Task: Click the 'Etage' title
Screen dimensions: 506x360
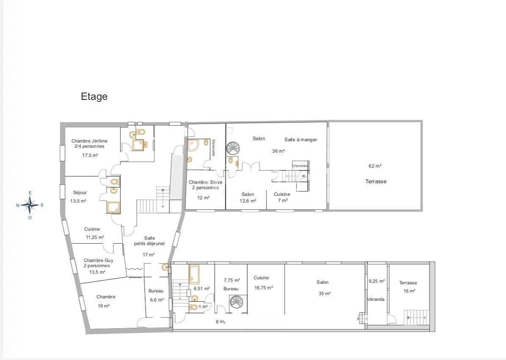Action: (x=94, y=96)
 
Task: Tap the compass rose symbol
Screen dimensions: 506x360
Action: (x=30, y=205)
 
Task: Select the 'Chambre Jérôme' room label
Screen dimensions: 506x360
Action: (x=89, y=141)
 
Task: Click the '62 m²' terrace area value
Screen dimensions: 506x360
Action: (x=375, y=166)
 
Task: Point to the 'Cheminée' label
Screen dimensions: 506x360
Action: (x=300, y=166)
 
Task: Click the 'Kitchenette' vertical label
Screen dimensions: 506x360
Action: (x=213, y=148)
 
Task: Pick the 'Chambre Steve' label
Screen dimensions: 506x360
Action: (x=205, y=182)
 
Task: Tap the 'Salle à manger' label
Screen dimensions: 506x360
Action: (x=301, y=140)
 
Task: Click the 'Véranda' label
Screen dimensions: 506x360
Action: (x=376, y=300)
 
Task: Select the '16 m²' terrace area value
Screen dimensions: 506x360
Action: (x=409, y=291)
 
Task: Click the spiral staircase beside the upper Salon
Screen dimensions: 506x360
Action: (x=233, y=148)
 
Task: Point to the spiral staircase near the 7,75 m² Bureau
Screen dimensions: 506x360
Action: (x=238, y=303)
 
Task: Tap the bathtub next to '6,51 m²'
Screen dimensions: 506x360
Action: (x=194, y=274)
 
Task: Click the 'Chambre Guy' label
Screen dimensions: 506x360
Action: (x=98, y=261)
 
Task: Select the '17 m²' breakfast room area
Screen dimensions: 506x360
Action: (x=149, y=255)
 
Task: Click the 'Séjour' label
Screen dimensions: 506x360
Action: (x=80, y=193)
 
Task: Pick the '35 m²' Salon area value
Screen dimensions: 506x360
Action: (x=325, y=294)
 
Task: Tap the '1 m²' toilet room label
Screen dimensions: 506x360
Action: (x=203, y=307)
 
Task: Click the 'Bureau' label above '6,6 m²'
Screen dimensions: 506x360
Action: (x=156, y=291)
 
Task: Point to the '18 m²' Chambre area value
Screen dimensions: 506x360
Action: (x=104, y=306)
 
